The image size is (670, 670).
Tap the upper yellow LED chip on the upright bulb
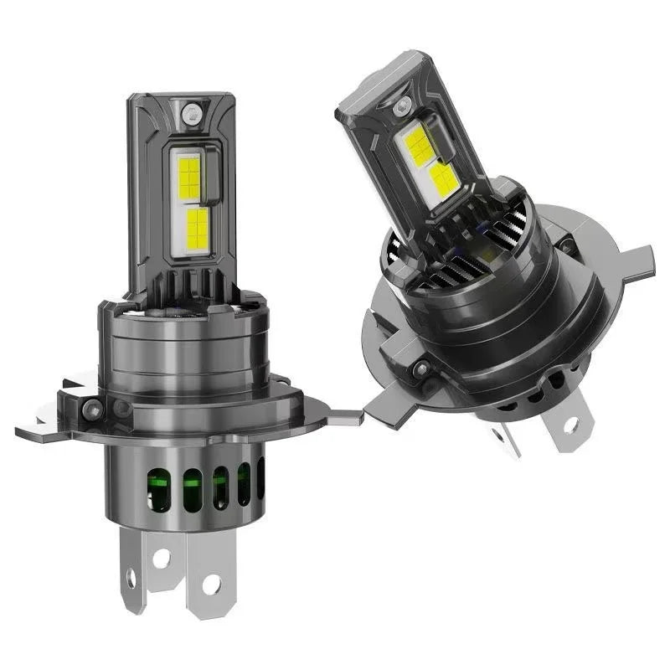pyautogui.click(x=190, y=177)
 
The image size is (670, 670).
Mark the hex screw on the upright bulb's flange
pyautogui.click(x=93, y=410)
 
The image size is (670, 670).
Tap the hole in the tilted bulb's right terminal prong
pyautogui.click(x=570, y=423)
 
